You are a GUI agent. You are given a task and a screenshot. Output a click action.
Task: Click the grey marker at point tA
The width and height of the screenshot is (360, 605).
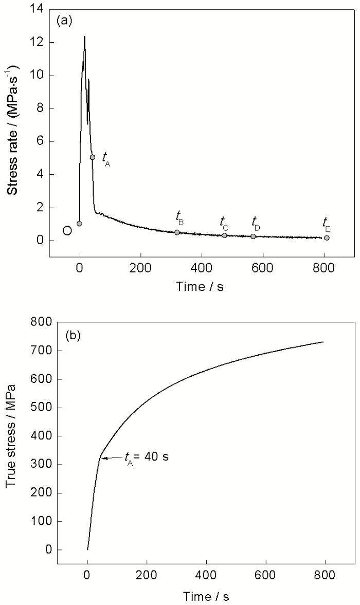(93, 157)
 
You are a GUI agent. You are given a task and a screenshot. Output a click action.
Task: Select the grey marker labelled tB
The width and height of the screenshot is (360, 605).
(177, 232)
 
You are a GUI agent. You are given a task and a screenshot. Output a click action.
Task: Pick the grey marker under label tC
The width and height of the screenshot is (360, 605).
(224, 235)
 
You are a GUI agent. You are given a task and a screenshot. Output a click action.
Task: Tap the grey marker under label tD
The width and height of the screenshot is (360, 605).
(253, 236)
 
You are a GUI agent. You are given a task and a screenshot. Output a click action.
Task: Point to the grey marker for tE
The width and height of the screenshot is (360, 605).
(327, 237)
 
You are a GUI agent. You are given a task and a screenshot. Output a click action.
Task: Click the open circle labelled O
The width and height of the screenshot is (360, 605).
(67, 230)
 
